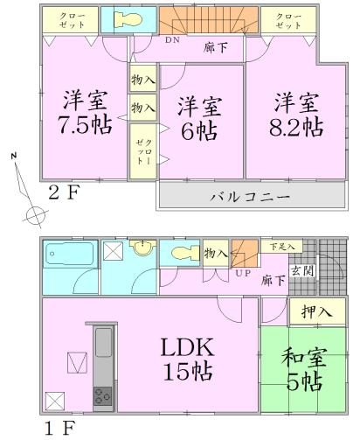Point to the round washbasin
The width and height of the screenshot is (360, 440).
click(142, 251)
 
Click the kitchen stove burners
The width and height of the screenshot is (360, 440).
click(102, 396)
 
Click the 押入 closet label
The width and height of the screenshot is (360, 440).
click(316, 311)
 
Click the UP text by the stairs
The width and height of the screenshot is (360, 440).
click(244, 275)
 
